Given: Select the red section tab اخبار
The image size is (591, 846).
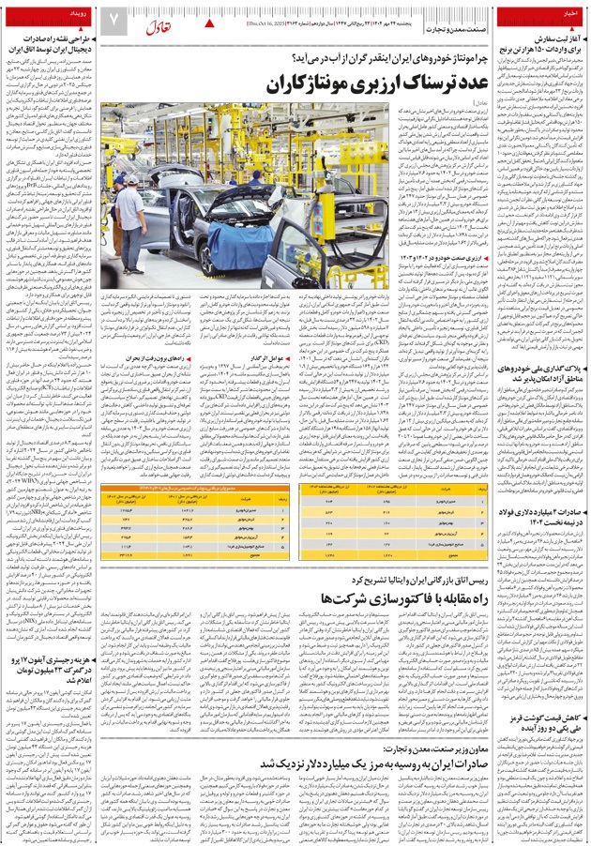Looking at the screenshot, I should click(x=566, y=14).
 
